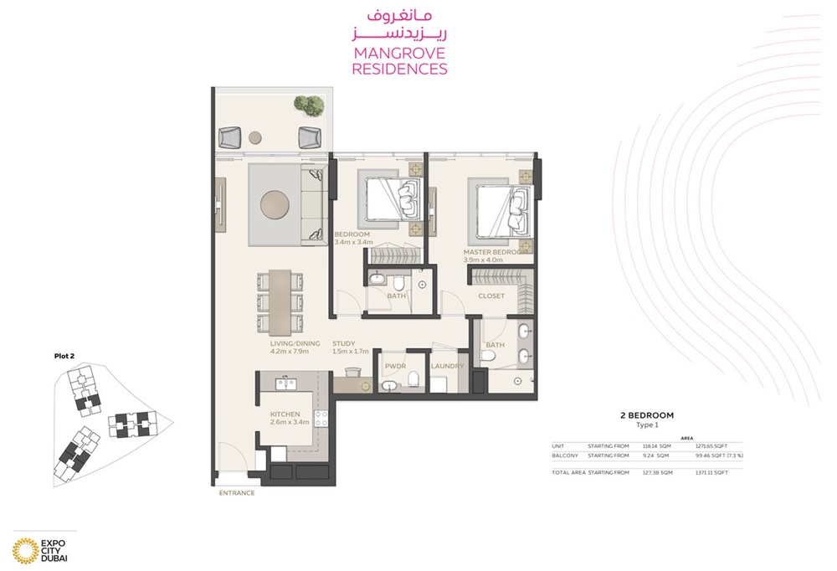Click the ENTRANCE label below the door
(237, 493)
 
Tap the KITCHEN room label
(285, 414)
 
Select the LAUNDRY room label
(447, 367)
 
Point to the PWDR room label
(395, 367)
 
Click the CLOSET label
(491, 296)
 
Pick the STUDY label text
(344, 343)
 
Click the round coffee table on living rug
(275, 205)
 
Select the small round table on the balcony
(255, 137)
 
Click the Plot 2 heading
(64, 356)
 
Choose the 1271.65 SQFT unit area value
(711, 446)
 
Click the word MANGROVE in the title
(399, 54)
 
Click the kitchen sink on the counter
(285, 384)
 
